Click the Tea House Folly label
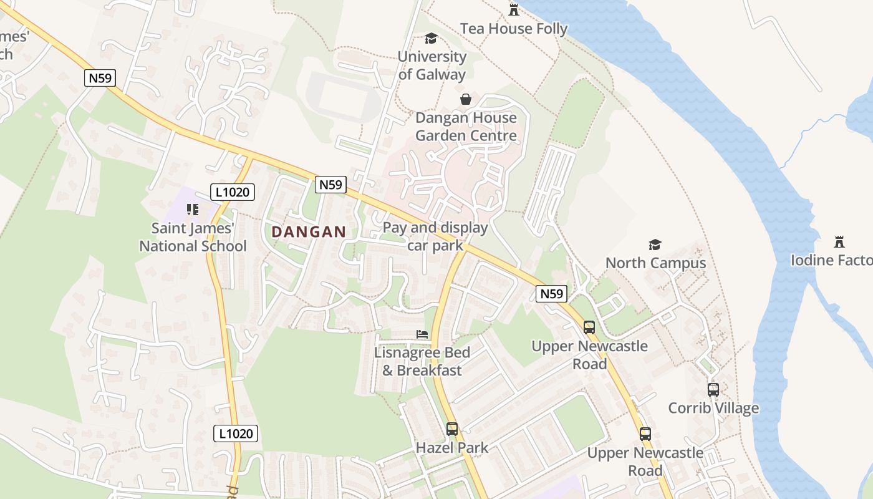(x=514, y=29)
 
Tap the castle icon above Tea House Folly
(x=514, y=9)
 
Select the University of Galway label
(x=432, y=65)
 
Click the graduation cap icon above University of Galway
(x=431, y=39)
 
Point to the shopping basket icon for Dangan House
(x=466, y=99)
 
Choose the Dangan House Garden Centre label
(x=466, y=127)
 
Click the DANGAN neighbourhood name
(x=309, y=232)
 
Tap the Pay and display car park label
(x=435, y=236)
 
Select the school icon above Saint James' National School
(x=193, y=210)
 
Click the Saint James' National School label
(x=193, y=237)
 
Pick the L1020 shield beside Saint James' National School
(x=233, y=191)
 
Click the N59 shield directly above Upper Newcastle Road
(x=551, y=293)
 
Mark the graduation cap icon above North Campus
(x=655, y=245)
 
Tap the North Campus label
(x=655, y=263)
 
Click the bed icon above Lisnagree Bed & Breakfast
(x=422, y=334)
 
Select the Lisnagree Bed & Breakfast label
(x=422, y=361)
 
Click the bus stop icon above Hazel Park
(x=452, y=429)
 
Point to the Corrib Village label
(x=713, y=408)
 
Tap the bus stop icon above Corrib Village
(x=713, y=390)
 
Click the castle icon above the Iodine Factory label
(x=839, y=241)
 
